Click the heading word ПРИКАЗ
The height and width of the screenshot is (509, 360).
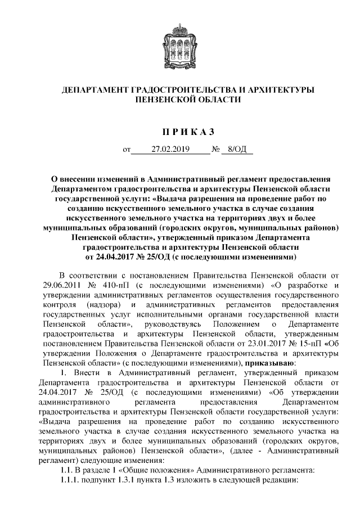click(x=180, y=133)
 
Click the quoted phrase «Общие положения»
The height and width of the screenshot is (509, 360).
click(x=148, y=469)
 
